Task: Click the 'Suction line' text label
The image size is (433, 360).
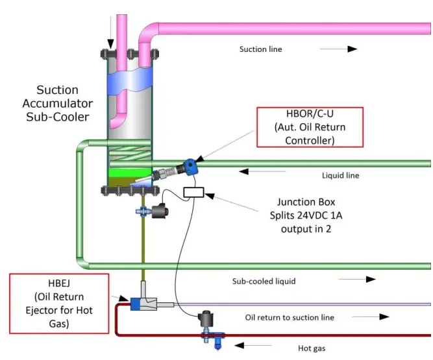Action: pos(261,49)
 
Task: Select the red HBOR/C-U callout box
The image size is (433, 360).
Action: pos(310,127)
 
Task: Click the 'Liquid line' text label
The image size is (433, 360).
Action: pos(340,175)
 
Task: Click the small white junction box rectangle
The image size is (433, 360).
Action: pos(194,192)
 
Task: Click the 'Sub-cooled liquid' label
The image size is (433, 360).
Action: pos(264,281)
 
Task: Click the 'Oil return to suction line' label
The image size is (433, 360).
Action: pos(290,317)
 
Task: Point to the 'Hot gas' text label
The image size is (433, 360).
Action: pos(312,348)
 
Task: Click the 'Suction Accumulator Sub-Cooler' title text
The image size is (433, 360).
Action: pos(57,103)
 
